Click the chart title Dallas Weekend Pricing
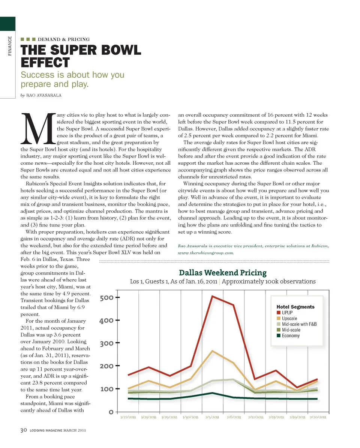point(223,272)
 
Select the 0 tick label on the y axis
point(111,412)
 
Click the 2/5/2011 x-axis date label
point(212,417)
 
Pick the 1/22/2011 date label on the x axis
point(128,417)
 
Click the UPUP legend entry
point(287,313)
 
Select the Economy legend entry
point(290,335)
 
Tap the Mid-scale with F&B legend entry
point(299,324)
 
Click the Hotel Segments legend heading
point(295,307)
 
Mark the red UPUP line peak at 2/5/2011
point(213,296)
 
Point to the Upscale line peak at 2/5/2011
point(213,351)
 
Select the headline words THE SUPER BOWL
point(81,50)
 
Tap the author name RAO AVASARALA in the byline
point(43,95)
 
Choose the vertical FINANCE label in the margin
point(10,46)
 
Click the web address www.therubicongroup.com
point(206,253)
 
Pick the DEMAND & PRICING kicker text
point(64,39)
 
